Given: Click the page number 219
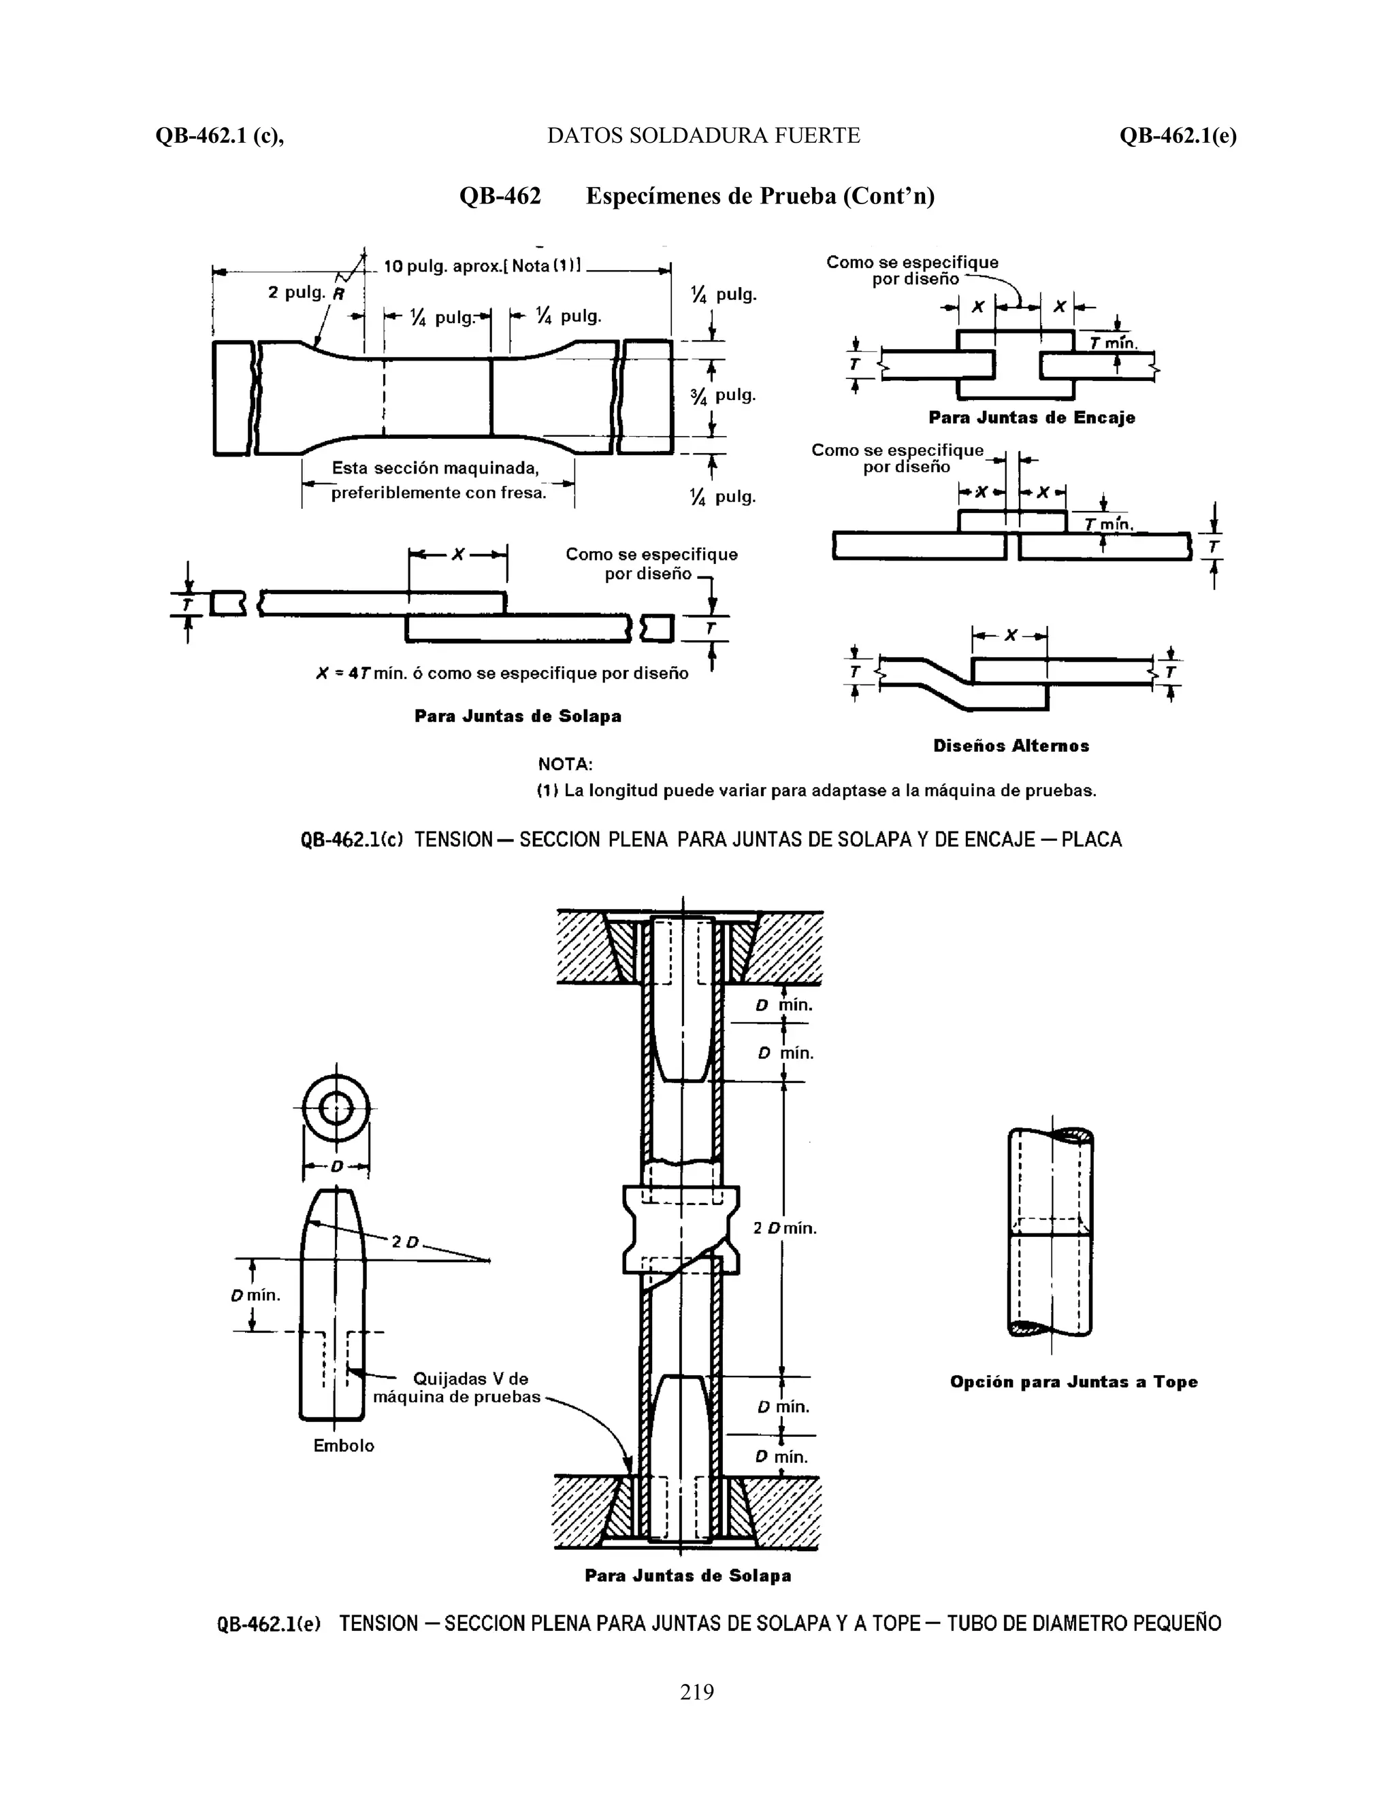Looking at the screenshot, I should coord(696,1691).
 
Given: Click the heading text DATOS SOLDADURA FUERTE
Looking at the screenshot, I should coord(704,135).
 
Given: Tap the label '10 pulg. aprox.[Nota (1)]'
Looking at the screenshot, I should coord(483,267).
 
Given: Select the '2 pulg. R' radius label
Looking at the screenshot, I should coord(306,293).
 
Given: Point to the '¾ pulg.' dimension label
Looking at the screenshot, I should coord(724,395).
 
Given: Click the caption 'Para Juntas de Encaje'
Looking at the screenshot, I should coord(1031,418).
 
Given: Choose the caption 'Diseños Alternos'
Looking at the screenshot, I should coord(1011,746).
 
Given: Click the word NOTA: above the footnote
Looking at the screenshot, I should coord(565,765).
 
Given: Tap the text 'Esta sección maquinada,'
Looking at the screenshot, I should coord(435,468).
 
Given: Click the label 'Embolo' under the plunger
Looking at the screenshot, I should coord(344,1446).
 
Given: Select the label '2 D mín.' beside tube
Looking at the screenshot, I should coord(785,1227).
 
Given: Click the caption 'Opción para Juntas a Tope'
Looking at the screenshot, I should coord(1073,1381).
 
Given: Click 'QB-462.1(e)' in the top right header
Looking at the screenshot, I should coord(1178,135).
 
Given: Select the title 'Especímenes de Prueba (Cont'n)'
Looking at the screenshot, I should coord(760,197).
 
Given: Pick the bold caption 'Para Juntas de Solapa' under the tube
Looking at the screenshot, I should coord(688,1575).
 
